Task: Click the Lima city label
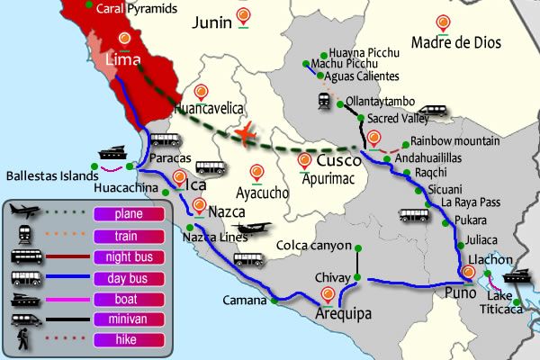tap(124, 59)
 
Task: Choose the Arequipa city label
tap(344, 313)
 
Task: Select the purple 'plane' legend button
tap(127, 213)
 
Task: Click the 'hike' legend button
tap(127, 338)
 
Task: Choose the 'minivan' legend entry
tap(127, 318)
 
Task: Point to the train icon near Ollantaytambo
tap(322, 101)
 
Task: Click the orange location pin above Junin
tap(244, 15)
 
